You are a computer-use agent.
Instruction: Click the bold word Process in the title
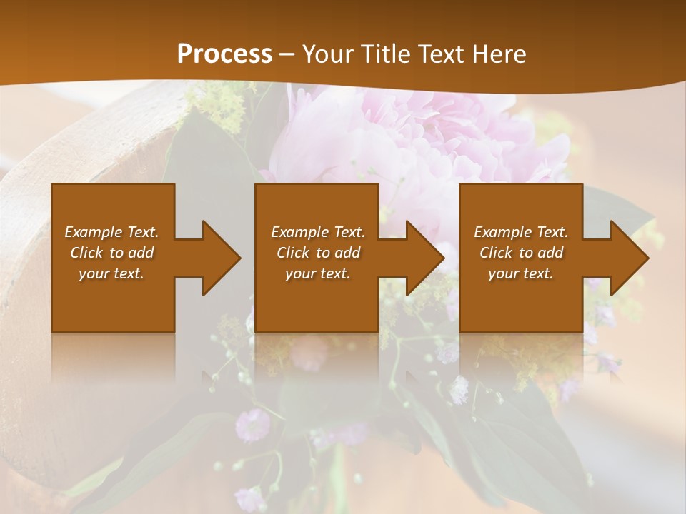pyautogui.click(x=224, y=54)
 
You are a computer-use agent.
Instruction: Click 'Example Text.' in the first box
pyautogui.click(x=111, y=232)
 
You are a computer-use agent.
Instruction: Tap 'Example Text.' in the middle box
pyautogui.click(x=317, y=232)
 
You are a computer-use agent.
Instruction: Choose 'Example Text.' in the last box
pyautogui.click(x=521, y=232)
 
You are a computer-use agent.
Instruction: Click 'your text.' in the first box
pyautogui.click(x=111, y=273)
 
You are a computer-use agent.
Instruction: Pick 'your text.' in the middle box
pyautogui.click(x=317, y=273)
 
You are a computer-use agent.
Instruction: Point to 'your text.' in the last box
pyautogui.click(x=521, y=273)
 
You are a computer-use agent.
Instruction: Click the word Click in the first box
pyautogui.click(x=87, y=253)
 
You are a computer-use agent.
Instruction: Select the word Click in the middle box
pyautogui.click(x=293, y=253)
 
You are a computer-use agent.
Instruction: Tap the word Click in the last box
pyautogui.click(x=497, y=253)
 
